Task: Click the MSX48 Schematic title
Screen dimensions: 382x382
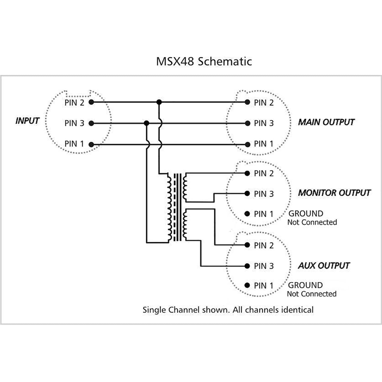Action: pyautogui.click(x=204, y=61)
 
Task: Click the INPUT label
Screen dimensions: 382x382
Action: pyautogui.click(x=27, y=121)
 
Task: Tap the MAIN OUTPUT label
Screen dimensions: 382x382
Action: pyautogui.click(x=326, y=122)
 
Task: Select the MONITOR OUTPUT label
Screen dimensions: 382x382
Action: pyautogui.click(x=334, y=193)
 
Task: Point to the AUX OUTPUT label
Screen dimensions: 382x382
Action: pyautogui.click(x=324, y=266)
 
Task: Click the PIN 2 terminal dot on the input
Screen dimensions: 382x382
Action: pyautogui.click(x=91, y=102)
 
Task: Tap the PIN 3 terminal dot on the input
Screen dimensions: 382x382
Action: pyautogui.click(x=91, y=123)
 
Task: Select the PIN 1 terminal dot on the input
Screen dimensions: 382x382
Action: pyautogui.click(x=91, y=145)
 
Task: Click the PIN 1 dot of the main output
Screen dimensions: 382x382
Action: pyautogui.click(x=247, y=145)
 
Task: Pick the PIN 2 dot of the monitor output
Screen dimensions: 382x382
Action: pyautogui.click(x=247, y=173)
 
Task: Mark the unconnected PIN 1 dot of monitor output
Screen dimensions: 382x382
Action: pyautogui.click(x=247, y=214)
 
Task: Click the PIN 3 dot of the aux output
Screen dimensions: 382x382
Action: pyautogui.click(x=247, y=266)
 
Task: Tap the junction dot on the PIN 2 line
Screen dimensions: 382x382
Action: pyautogui.click(x=159, y=102)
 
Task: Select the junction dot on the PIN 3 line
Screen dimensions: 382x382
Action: pyautogui.click(x=146, y=123)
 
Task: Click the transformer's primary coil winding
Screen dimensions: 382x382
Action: pyautogui.click(x=170, y=207)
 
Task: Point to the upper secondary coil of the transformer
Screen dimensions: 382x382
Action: pyautogui.click(x=185, y=187)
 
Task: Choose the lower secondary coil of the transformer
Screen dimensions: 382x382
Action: pyautogui.click(x=185, y=224)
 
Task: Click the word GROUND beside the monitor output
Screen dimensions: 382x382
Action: pyautogui.click(x=306, y=214)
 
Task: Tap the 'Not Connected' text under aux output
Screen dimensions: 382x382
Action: pyautogui.click(x=312, y=294)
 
